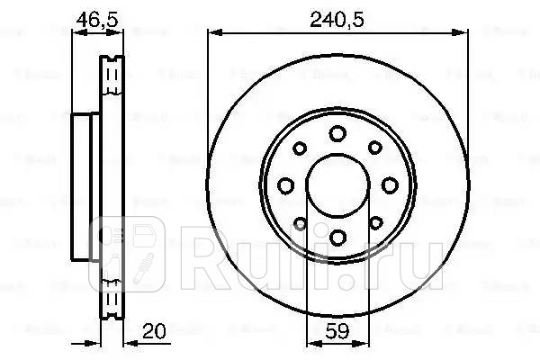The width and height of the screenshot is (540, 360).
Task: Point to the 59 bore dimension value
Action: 337,329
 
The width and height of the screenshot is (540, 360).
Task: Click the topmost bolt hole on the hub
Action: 337,134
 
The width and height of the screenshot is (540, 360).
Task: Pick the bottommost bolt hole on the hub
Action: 337,237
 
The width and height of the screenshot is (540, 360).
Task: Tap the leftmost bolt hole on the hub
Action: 286,185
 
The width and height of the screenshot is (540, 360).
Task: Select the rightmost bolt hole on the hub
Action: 389,185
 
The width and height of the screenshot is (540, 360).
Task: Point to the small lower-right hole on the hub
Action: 373,221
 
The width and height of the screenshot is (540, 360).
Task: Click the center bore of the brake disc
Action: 337,185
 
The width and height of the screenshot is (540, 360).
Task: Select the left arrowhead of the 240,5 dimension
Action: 212,31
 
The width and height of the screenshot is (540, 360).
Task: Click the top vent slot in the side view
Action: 112,71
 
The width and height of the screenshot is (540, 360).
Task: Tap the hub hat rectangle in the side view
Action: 85,184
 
